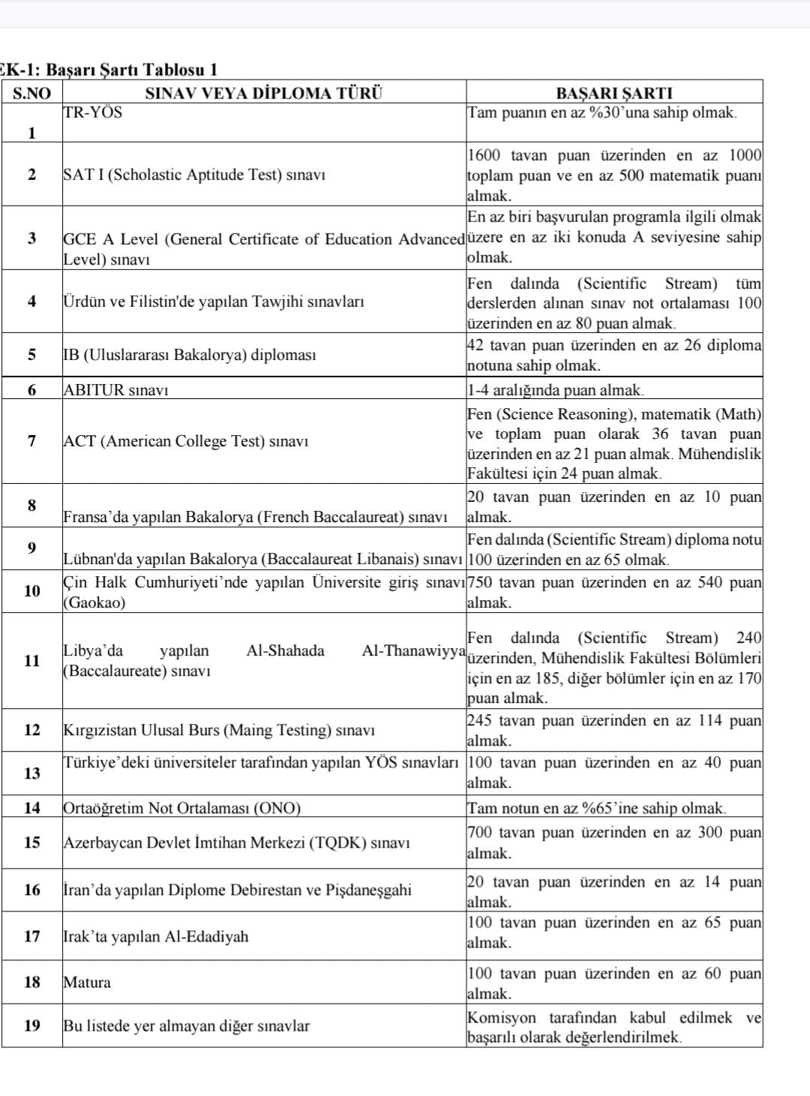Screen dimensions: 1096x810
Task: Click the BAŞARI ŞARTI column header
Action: (613, 94)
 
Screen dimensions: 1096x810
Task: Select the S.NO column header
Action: (31, 94)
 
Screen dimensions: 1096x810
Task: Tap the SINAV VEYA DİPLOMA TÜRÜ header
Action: (263, 94)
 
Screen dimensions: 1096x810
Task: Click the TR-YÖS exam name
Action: (92, 113)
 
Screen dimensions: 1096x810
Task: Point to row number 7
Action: (31, 441)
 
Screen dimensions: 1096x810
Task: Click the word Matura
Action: (87, 983)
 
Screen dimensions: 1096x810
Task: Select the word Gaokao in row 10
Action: (94, 603)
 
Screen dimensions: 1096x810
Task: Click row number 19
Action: (31, 1025)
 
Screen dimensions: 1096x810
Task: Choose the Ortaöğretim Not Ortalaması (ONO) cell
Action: (182, 809)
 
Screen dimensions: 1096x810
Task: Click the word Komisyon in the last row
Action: (502, 1018)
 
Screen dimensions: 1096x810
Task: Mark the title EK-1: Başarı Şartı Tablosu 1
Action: (109, 70)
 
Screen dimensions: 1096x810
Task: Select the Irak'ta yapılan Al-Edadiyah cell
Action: (156, 937)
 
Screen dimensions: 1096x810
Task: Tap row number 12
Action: (31, 730)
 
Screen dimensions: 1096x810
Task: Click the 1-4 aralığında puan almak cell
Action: (555, 390)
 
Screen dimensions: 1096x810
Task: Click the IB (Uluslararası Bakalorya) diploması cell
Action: (190, 355)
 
